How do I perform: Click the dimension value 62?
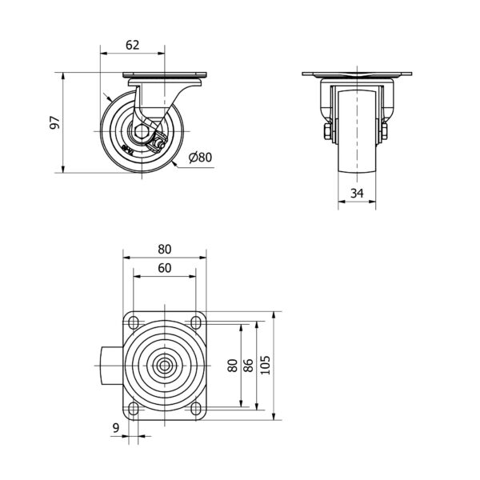point(133,45)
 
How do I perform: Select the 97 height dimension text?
point(55,122)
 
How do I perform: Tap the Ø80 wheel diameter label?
point(201,158)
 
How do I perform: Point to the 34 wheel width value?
point(357,193)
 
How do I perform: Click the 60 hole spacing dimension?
point(165,268)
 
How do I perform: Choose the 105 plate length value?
point(265,365)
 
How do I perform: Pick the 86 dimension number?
point(249,366)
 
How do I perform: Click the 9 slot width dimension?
point(116,428)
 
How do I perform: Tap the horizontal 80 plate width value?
point(165,250)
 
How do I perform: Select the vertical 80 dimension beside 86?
point(233,366)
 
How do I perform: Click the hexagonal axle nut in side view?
point(141,132)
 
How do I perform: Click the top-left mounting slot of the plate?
point(134,322)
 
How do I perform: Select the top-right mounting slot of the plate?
point(196,322)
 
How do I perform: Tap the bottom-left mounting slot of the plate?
point(134,408)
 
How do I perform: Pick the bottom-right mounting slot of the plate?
point(196,408)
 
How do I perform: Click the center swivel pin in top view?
point(165,366)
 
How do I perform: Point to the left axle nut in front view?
point(327,132)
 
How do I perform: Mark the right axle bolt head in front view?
point(384,132)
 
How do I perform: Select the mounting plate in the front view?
point(357,74)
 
